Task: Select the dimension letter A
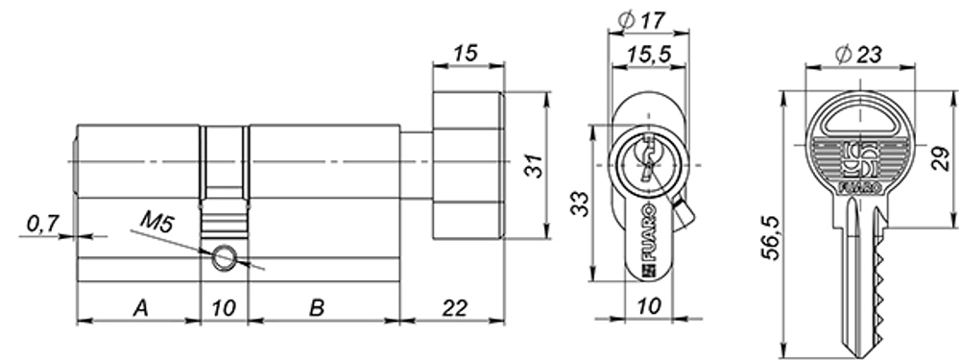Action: click(x=140, y=308)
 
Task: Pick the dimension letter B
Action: click(x=316, y=308)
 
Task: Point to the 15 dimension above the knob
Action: click(x=468, y=55)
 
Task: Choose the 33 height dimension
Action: click(x=579, y=204)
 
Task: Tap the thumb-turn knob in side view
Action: click(x=468, y=165)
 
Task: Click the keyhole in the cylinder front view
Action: click(x=648, y=159)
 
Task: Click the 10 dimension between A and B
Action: click(x=224, y=308)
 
